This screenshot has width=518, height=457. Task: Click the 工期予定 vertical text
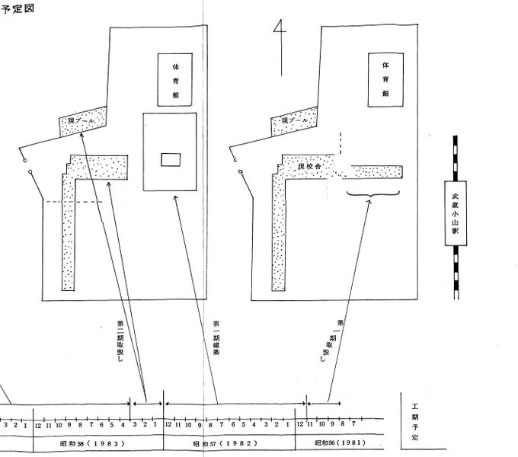point(414,423)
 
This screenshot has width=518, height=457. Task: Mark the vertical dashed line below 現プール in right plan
point(341,144)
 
